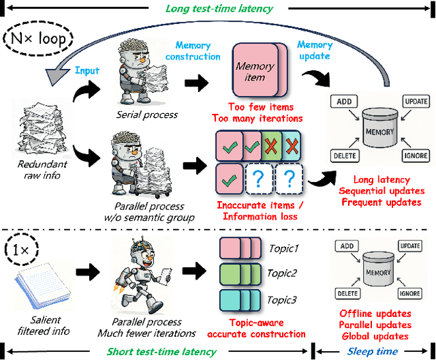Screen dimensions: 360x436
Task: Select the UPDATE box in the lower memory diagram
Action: coord(411,245)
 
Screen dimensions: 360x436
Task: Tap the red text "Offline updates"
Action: coord(375,313)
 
